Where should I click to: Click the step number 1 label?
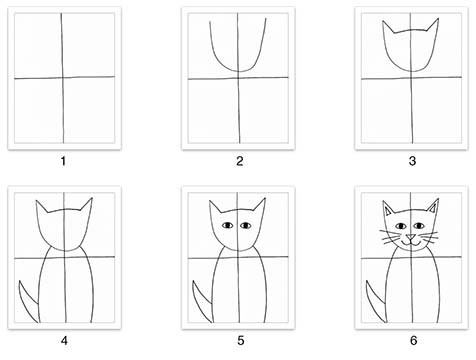tap(63, 161)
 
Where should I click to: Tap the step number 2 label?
tap(240, 161)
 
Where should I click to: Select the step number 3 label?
tap(412, 161)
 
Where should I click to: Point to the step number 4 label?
tap(64, 341)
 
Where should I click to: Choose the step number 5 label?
tap(241, 341)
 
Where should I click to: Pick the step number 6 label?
tap(413, 341)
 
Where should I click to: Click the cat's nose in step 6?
tap(411, 237)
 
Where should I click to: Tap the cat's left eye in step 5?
tap(228, 226)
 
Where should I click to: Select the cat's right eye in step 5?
tap(246, 226)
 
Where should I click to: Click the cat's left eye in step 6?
tap(401, 226)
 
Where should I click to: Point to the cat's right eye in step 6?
tap(419, 226)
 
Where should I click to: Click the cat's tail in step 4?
tap(28, 302)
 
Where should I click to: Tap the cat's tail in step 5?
tap(202, 302)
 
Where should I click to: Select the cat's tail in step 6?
tap(376, 302)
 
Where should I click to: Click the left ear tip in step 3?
tap(383, 21)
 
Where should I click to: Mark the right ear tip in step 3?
tap(438, 19)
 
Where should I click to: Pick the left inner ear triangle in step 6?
tap(388, 211)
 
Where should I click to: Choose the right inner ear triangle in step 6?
tap(433, 209)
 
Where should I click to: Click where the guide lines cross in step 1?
tap(63, 78)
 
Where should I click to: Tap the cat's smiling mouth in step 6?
tap(411, 243)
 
